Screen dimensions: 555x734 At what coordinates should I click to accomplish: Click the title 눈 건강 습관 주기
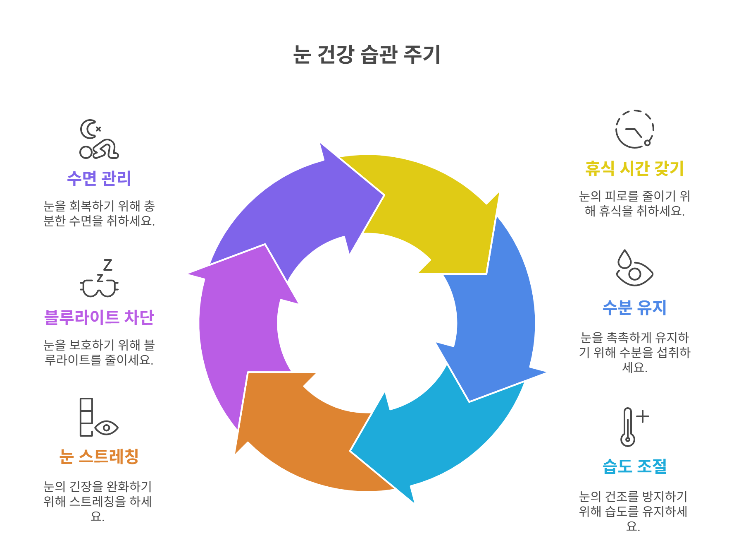[367, 54]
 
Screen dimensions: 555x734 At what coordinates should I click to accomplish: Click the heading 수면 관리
[99, 178]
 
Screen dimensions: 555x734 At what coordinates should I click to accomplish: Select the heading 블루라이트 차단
[99, 317]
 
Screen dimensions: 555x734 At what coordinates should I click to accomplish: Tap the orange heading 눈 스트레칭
[99, 456]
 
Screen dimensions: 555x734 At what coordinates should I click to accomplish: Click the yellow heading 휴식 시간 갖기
[634, 168]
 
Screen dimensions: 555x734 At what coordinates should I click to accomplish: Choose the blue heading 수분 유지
[634, 308]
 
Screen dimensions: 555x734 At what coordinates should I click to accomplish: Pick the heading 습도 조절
[634, 466]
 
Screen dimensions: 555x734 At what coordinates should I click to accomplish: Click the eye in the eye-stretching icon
[107, 428]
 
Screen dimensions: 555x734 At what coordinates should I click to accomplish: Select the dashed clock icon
[634, 129]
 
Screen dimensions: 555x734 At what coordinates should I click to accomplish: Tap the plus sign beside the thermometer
[642, 416]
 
